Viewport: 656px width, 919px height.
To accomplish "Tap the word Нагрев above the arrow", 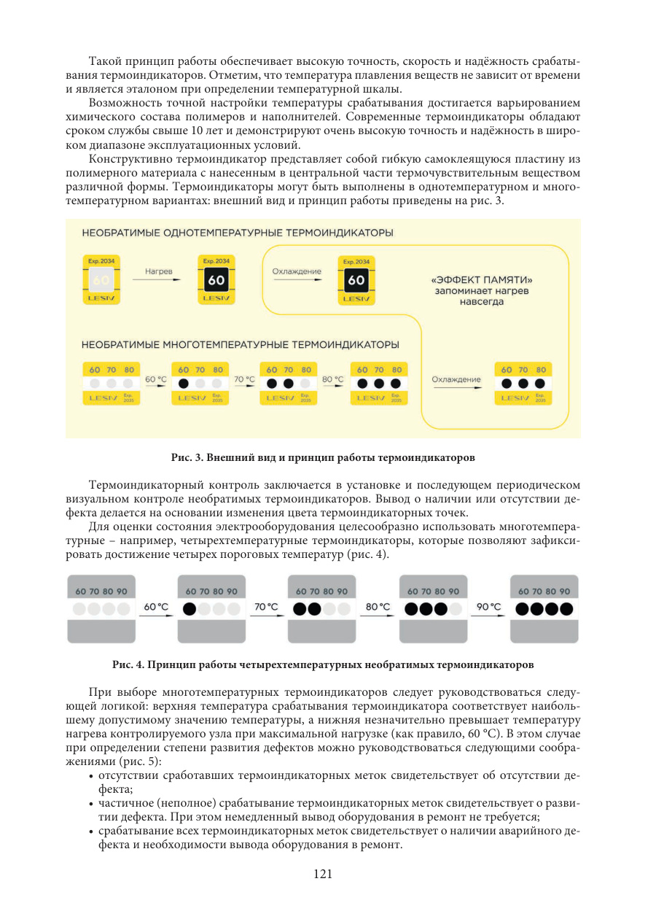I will tap(158, 271).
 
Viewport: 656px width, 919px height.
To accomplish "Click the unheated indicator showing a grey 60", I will tap(101, 280).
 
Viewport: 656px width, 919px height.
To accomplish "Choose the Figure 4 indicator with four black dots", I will tap(544, 609).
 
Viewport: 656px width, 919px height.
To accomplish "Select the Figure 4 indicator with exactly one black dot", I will tap(211, 609).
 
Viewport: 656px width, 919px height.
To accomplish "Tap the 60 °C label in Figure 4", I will tap(157, 607).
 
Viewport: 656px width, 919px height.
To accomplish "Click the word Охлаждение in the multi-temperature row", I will tap(456, 379).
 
